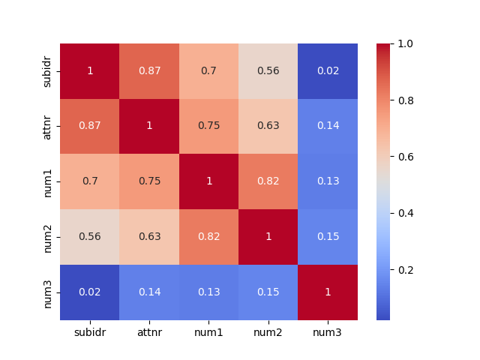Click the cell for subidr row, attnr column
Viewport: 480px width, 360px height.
149,71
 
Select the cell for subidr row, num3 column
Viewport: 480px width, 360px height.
328,71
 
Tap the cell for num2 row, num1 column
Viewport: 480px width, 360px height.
208,237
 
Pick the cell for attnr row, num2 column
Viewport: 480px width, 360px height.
268,126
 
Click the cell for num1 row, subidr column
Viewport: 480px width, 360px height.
90,181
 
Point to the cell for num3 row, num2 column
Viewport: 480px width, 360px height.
268,292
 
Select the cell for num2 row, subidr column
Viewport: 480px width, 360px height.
90,237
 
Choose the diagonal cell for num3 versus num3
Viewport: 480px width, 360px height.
328,292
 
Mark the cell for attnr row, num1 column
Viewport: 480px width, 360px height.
208,126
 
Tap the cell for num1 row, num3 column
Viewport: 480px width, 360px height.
328,181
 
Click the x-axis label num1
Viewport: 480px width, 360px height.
208,331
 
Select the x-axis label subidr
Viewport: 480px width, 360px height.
90,331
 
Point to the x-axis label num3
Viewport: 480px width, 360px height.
328,331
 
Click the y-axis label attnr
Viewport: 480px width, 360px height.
48,126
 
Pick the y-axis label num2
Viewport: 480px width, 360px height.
48,237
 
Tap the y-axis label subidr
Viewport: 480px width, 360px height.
48,71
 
